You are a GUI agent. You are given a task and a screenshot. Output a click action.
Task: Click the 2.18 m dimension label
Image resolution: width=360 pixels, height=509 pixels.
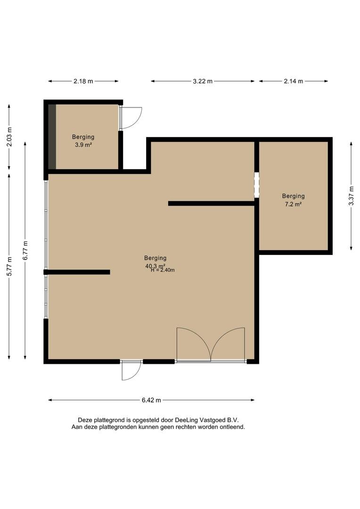(x=83, y=81)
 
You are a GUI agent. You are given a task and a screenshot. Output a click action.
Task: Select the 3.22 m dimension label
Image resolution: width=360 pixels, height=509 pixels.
(x=203, y=81)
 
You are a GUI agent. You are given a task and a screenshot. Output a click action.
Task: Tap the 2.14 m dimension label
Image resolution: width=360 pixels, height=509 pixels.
(x=294, y=81)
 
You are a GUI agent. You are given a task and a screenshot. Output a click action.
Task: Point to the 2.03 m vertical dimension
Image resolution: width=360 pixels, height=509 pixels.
(x=9, y=136)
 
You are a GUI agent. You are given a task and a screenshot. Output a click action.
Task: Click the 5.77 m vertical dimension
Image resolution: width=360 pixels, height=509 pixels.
(x=9, y=266)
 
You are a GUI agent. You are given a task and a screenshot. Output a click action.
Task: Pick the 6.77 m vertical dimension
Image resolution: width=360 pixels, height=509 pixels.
(x=25, y=251)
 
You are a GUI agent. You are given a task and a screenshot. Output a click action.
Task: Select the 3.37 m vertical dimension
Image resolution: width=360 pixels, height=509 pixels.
(x=351, y=196)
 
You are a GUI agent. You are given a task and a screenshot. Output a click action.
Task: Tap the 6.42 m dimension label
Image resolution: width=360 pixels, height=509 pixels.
(x=151, y=400)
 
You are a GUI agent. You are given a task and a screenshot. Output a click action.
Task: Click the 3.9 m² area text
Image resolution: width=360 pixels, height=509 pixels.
(x=83, y=145)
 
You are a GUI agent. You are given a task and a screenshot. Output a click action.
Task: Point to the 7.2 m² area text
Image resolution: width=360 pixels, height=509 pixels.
(x=293, y=204)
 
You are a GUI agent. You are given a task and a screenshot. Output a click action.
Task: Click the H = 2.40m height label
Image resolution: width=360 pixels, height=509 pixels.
(x=163, y=270)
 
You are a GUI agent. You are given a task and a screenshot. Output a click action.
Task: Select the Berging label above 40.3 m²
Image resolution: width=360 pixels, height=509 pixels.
(x=155, y=258)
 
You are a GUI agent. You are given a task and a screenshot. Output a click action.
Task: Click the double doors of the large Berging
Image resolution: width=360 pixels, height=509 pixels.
(x=211, y=345)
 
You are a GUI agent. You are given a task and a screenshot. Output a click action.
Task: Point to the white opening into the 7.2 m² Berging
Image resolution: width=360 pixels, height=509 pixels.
(x=257, y=185)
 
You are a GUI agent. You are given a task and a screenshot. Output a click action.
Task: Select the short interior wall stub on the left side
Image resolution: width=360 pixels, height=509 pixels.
(x=77, y=272)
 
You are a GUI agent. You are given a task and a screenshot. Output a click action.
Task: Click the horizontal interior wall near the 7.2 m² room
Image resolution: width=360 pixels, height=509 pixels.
(x=211, y=204)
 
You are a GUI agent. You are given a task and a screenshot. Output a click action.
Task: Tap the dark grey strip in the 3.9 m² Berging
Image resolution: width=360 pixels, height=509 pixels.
(x=52, y=137)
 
